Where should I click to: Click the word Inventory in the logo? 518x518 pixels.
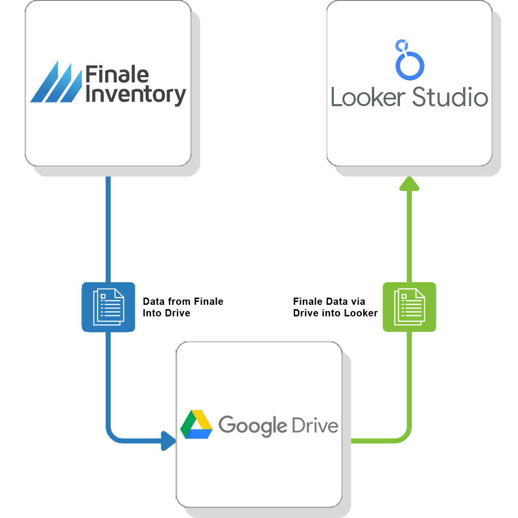pyautogui.click(x=136, y=95)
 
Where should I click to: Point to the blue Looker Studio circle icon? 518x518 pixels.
pyautogui.click(x=410, y=65)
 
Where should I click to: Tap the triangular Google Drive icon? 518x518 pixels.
pyautogui.click(x=197, y=424)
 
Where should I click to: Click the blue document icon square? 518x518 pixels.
pyautogui.click(x=108, y=307)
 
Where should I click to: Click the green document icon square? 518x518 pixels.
pyautogui.click(x=409, y=307)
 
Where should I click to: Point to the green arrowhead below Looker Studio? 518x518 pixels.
pyautogui.click(x=409, y=183)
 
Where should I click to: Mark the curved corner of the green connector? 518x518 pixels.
pyautogui.click(x=405, y=436)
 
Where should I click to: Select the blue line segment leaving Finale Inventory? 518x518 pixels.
pyautogui.click(x=108, y=227)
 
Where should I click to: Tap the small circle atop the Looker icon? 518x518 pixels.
pyautogui.click(x=399, y=45)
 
